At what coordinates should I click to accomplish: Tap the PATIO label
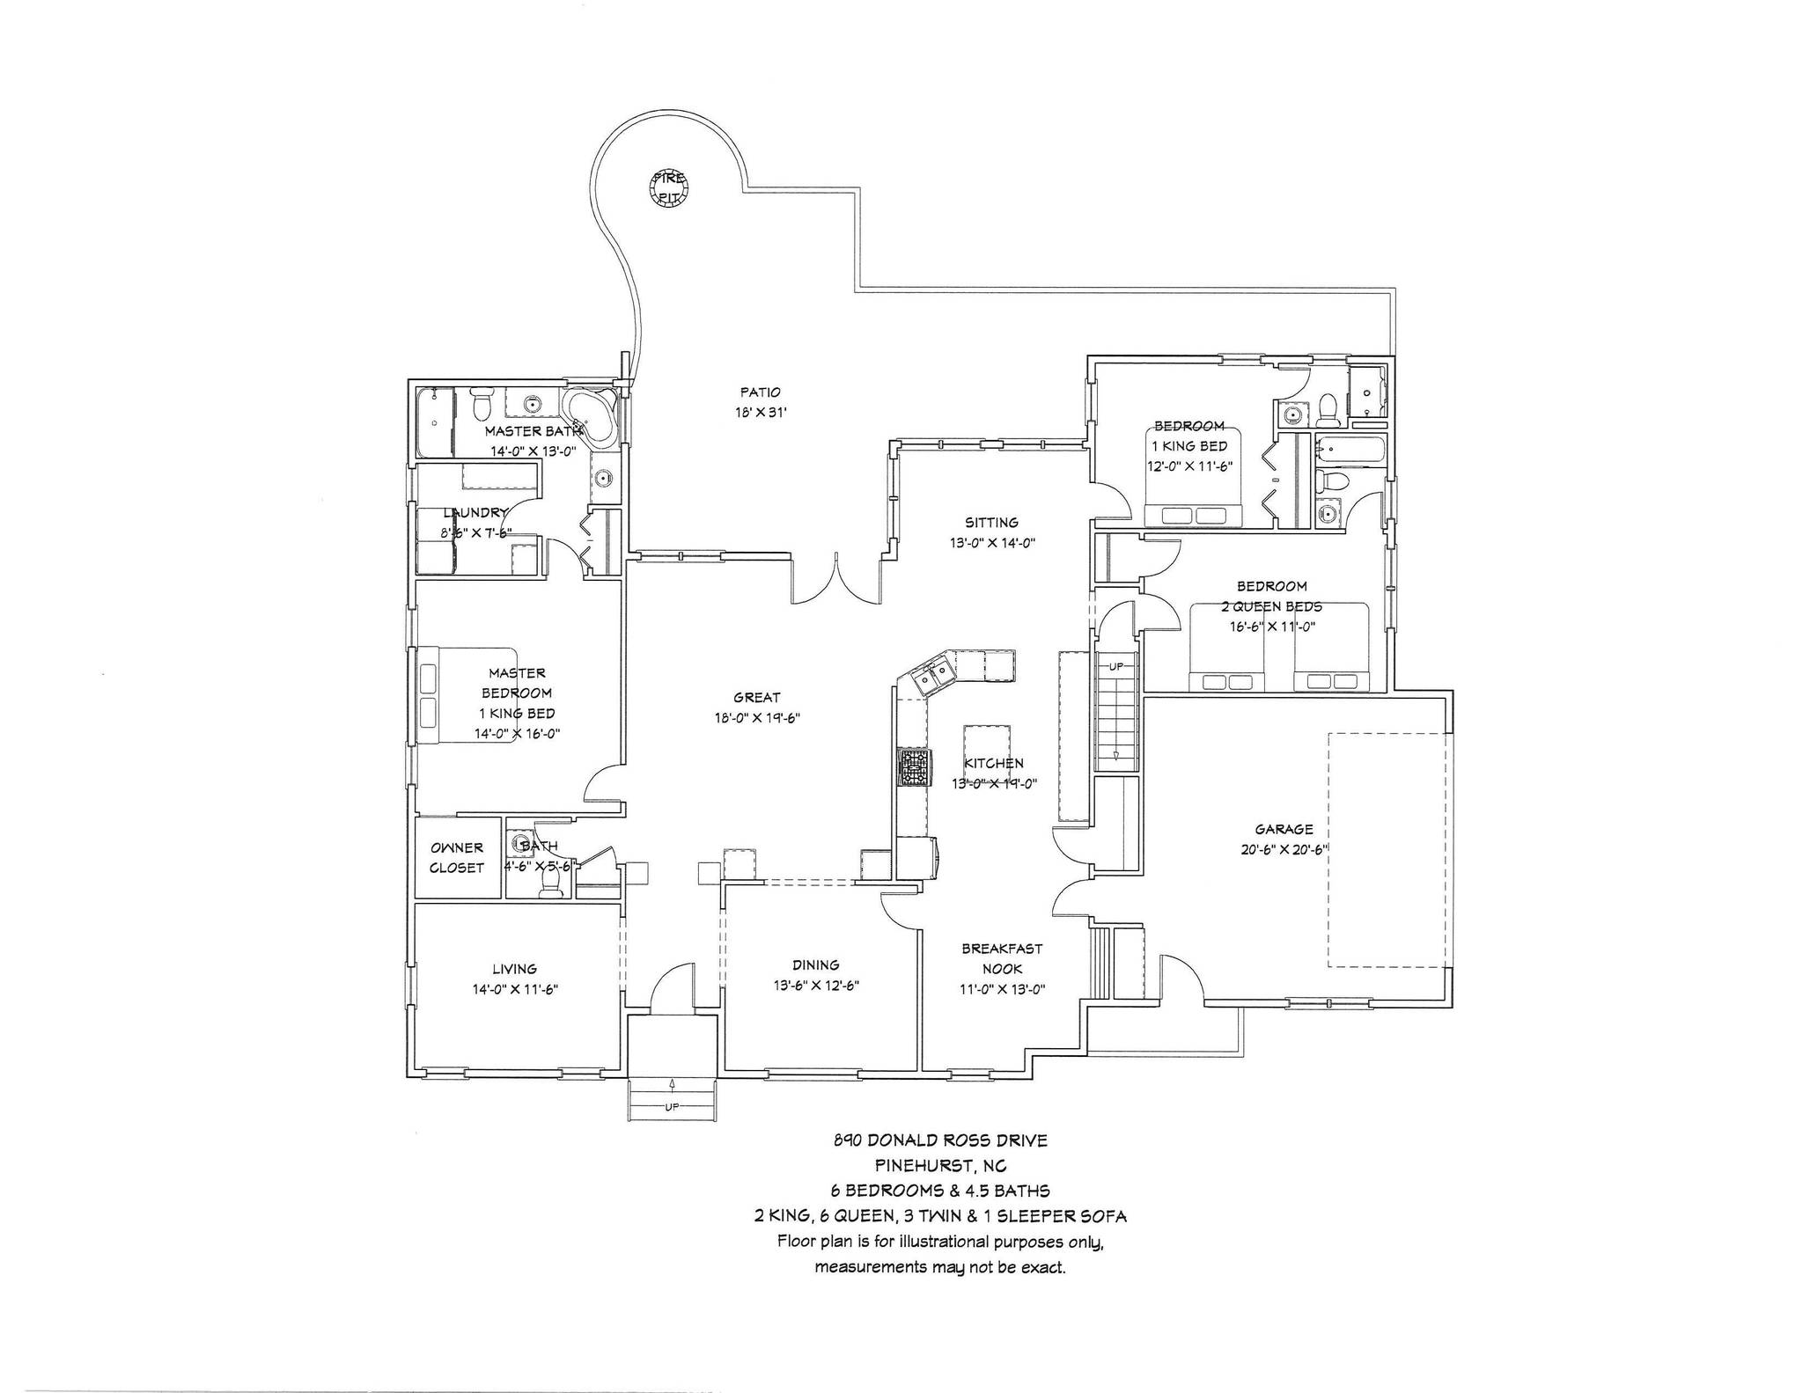(760, 392)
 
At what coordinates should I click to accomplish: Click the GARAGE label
(1284, 829)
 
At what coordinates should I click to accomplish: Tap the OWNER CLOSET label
(457, 858)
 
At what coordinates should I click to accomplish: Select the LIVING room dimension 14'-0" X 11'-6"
(515, 989)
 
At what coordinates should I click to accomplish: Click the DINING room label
(815, 964)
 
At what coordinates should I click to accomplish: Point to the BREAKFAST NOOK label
(1002, 958)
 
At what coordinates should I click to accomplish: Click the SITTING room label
(991, 522)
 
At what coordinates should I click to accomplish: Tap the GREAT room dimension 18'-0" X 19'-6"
(756, 718)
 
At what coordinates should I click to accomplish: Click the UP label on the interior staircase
(1115, 666)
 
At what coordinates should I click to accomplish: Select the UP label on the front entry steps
(672, 1107)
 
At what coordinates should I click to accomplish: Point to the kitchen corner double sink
(932, 676)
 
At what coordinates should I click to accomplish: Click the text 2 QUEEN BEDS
(1271, 606)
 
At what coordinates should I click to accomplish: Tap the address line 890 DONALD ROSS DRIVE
(940, 1140)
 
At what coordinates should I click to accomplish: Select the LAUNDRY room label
(475, 513)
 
